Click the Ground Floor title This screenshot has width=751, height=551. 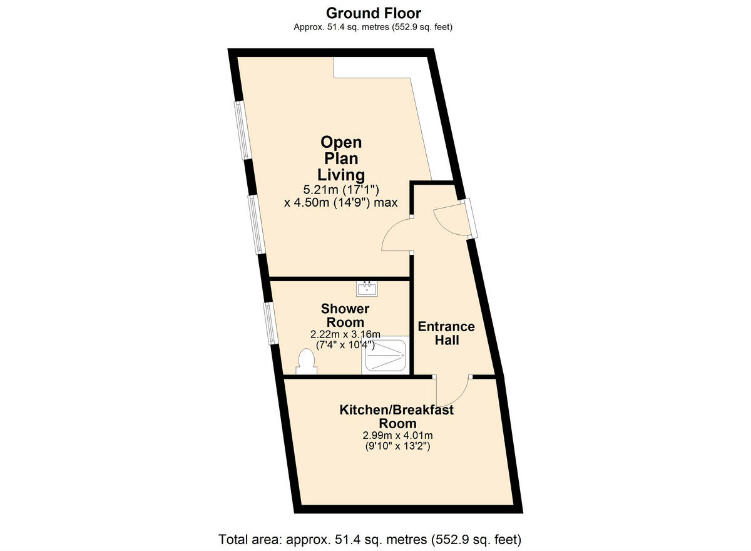(x=374, y=13)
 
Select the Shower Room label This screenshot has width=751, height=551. (x=345, y=315)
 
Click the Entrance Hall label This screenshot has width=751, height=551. (x=446, y=333)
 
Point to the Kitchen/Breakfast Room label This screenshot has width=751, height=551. (x=396, y=416)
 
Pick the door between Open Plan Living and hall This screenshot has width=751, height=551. (x=397, y=235)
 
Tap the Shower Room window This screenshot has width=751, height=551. (x=270, y=323)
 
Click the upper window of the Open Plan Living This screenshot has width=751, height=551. (x=242, y=130)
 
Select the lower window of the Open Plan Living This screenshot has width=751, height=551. (x=257, y=224)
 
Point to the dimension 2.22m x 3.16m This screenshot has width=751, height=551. (x=345, y=334)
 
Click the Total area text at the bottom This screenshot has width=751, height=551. (x=369, y=539)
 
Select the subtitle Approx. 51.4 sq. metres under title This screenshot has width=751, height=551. (x=374, y=27)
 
